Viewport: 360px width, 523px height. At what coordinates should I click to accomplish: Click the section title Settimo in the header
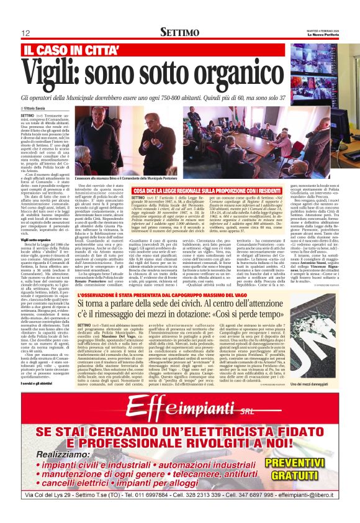point(180,32)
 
